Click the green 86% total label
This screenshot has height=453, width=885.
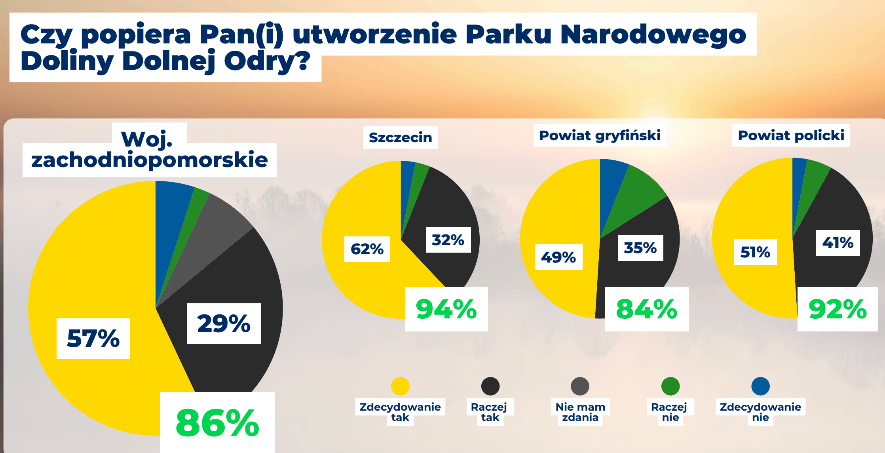pos(217,423)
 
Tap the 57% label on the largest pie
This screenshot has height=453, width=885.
pos(93,339)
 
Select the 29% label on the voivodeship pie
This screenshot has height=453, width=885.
pos(224,324)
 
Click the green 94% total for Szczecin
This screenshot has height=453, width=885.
pos(446,309)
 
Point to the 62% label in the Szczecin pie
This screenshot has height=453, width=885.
pos(367,249)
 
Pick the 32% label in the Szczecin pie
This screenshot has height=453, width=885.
pos(448,240)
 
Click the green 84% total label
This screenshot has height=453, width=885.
pos(647,309)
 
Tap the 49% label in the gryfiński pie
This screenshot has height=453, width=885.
pos(558,257)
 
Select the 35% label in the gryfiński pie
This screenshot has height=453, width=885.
pos(640,248)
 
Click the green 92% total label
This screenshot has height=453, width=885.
pos(838,309)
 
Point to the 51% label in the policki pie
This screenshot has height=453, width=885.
pos(756,252)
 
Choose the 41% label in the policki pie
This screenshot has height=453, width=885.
pos(838,243)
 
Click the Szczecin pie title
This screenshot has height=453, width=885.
pos(401,137)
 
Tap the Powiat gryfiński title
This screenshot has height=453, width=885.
pos(600,135)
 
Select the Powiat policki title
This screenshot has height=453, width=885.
pos(791,135)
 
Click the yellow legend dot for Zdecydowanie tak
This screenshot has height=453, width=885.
pos(400,386)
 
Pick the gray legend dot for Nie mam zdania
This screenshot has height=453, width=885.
pos(580,386)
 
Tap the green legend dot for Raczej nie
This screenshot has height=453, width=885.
pos(670,386)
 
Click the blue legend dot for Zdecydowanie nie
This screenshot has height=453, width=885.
pos(760,386)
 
